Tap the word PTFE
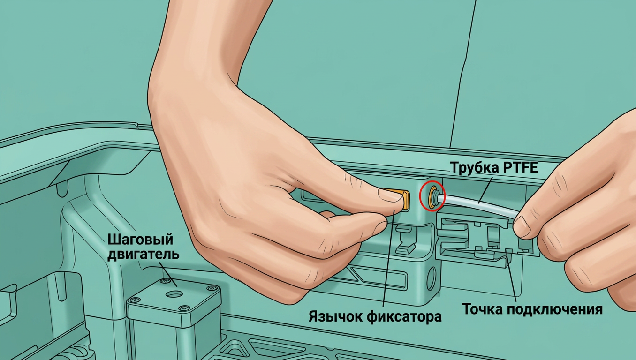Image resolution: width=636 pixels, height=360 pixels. pyautogui.click(x=520, y=167)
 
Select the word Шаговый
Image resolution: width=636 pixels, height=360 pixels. pyautogui.click(x=140, y=240)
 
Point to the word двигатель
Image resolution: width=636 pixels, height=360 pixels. pyautogui.click(x=143, y=254)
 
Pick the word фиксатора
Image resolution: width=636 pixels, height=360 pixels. pyautogui.click(x=404, y=316)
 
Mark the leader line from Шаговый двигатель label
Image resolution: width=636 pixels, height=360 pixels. pyautogui.click(x=168, y=274)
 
